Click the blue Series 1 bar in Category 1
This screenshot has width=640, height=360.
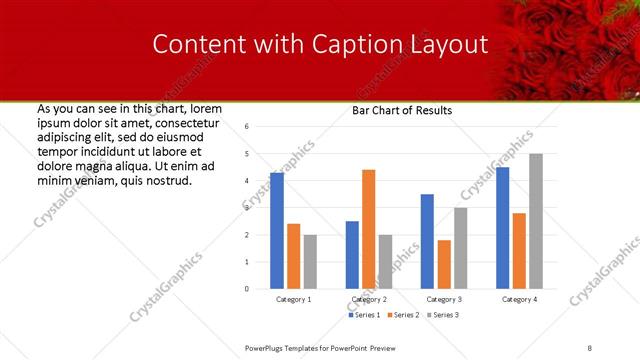click(277, 231)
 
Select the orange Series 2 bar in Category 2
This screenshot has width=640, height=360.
click(368, 229)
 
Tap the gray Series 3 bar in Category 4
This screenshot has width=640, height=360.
click(536, 221)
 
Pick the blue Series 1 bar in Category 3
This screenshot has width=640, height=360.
click(427, 241)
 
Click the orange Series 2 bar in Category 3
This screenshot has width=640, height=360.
click(444, 264)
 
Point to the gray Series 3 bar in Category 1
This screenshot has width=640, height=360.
click(310, 262)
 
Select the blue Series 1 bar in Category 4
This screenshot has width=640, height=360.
click(502, 228)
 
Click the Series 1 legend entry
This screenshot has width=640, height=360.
click(364, 315)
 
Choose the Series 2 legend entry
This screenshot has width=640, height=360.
click(403, 315)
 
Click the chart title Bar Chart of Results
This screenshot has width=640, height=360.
click(402, 110)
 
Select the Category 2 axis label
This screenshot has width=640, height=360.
click(368, 299)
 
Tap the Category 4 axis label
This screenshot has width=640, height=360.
click(519, 299)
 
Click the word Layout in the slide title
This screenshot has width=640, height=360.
click(449, 45)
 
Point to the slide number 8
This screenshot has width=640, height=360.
click(590, 347)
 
